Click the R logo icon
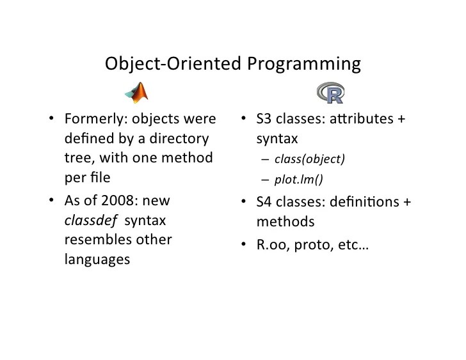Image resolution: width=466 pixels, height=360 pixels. [x=330, y=93]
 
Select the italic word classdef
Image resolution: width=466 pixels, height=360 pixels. [x=90, y=221]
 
